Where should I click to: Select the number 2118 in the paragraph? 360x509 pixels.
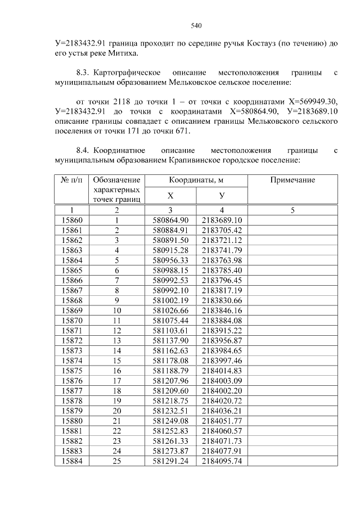coord(123,101)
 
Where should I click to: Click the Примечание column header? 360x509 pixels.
coord(292,180)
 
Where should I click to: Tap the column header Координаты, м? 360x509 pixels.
coord(196,180)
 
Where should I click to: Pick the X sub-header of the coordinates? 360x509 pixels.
coord(170,195)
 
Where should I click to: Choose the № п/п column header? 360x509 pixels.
coord(71,180)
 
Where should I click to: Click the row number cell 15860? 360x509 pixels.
coord(71,220)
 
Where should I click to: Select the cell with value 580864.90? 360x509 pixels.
coord(170,220)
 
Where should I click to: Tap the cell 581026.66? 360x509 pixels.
coord(170,310)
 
